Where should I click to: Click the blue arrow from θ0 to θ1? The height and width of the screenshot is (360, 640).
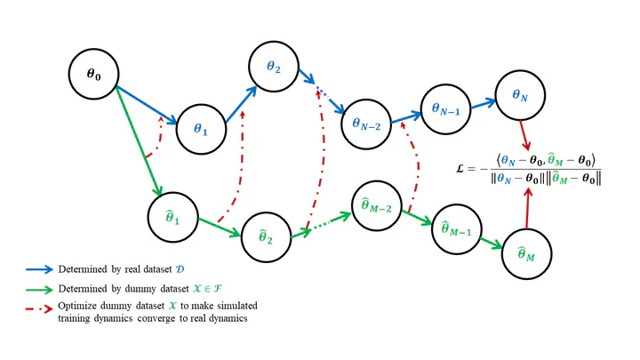click(147, 105)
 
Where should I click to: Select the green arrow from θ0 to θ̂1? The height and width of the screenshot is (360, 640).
click(140, 141)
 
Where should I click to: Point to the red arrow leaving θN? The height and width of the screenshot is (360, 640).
click(525, 135)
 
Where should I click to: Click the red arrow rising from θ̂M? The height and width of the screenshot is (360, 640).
click(527, 208)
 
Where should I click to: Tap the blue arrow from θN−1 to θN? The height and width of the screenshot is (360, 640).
click(484, 104)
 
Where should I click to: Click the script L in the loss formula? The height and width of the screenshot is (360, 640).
click(460, 169)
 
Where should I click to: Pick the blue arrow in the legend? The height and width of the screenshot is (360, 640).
click(39, 269)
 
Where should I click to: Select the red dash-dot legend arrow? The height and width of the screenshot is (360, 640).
click(39, 309)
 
